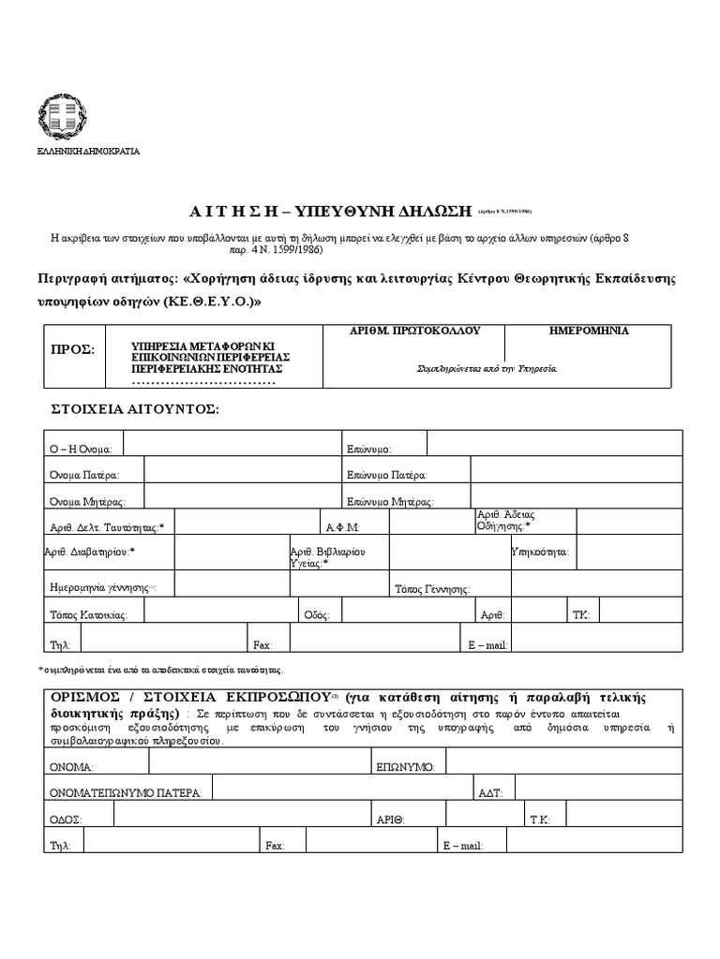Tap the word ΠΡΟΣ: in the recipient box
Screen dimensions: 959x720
click(x=72, y=349)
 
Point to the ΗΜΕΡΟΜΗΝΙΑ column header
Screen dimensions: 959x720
click(x=589, y=332)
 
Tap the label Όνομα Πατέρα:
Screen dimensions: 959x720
click(x=84, y=475)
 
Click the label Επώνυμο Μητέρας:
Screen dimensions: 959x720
click(x=388, y=501)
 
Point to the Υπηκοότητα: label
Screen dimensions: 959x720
click(x=539, y=553)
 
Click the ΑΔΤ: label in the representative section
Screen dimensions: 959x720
click(x=491, y=792)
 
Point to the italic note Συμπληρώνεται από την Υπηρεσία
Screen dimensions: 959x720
click(x=487, y=368)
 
